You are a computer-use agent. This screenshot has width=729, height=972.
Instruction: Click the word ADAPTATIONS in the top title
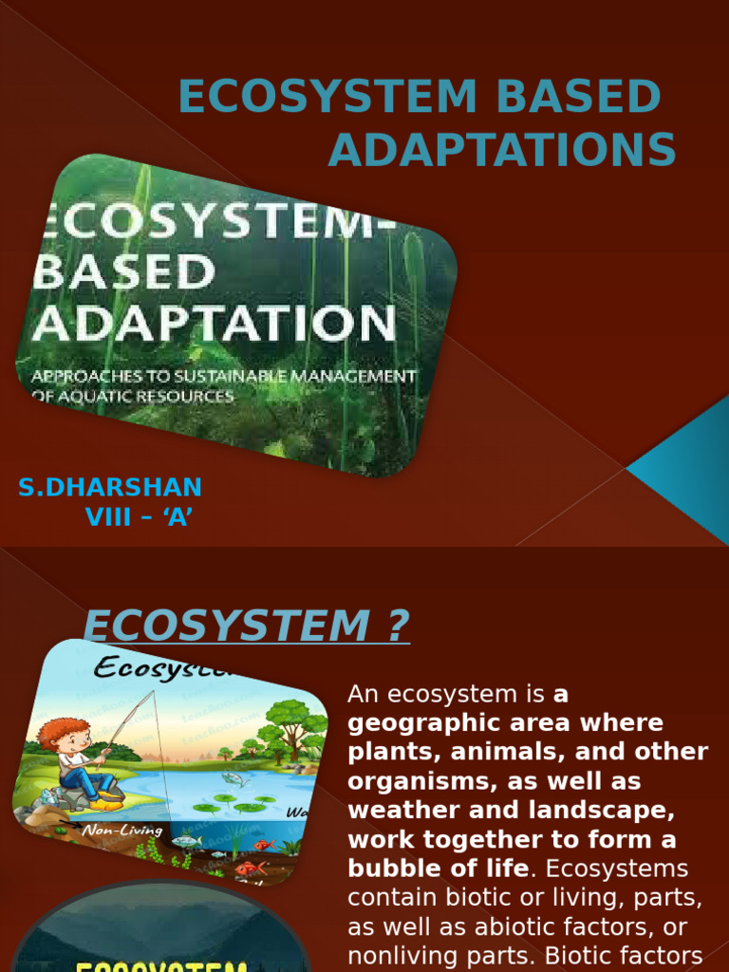[x=501, y=151]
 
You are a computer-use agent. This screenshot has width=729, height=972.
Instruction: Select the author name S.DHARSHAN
[x=110, y=487]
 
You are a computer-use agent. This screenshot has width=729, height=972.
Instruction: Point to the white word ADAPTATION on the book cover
[x=215, y=324]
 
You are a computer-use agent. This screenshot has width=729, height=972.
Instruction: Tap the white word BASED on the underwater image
[x=125, y=272]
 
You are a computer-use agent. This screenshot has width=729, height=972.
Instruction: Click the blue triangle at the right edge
[x=688, y=459]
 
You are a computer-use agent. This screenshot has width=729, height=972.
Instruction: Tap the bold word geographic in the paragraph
[x=421, y=723]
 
